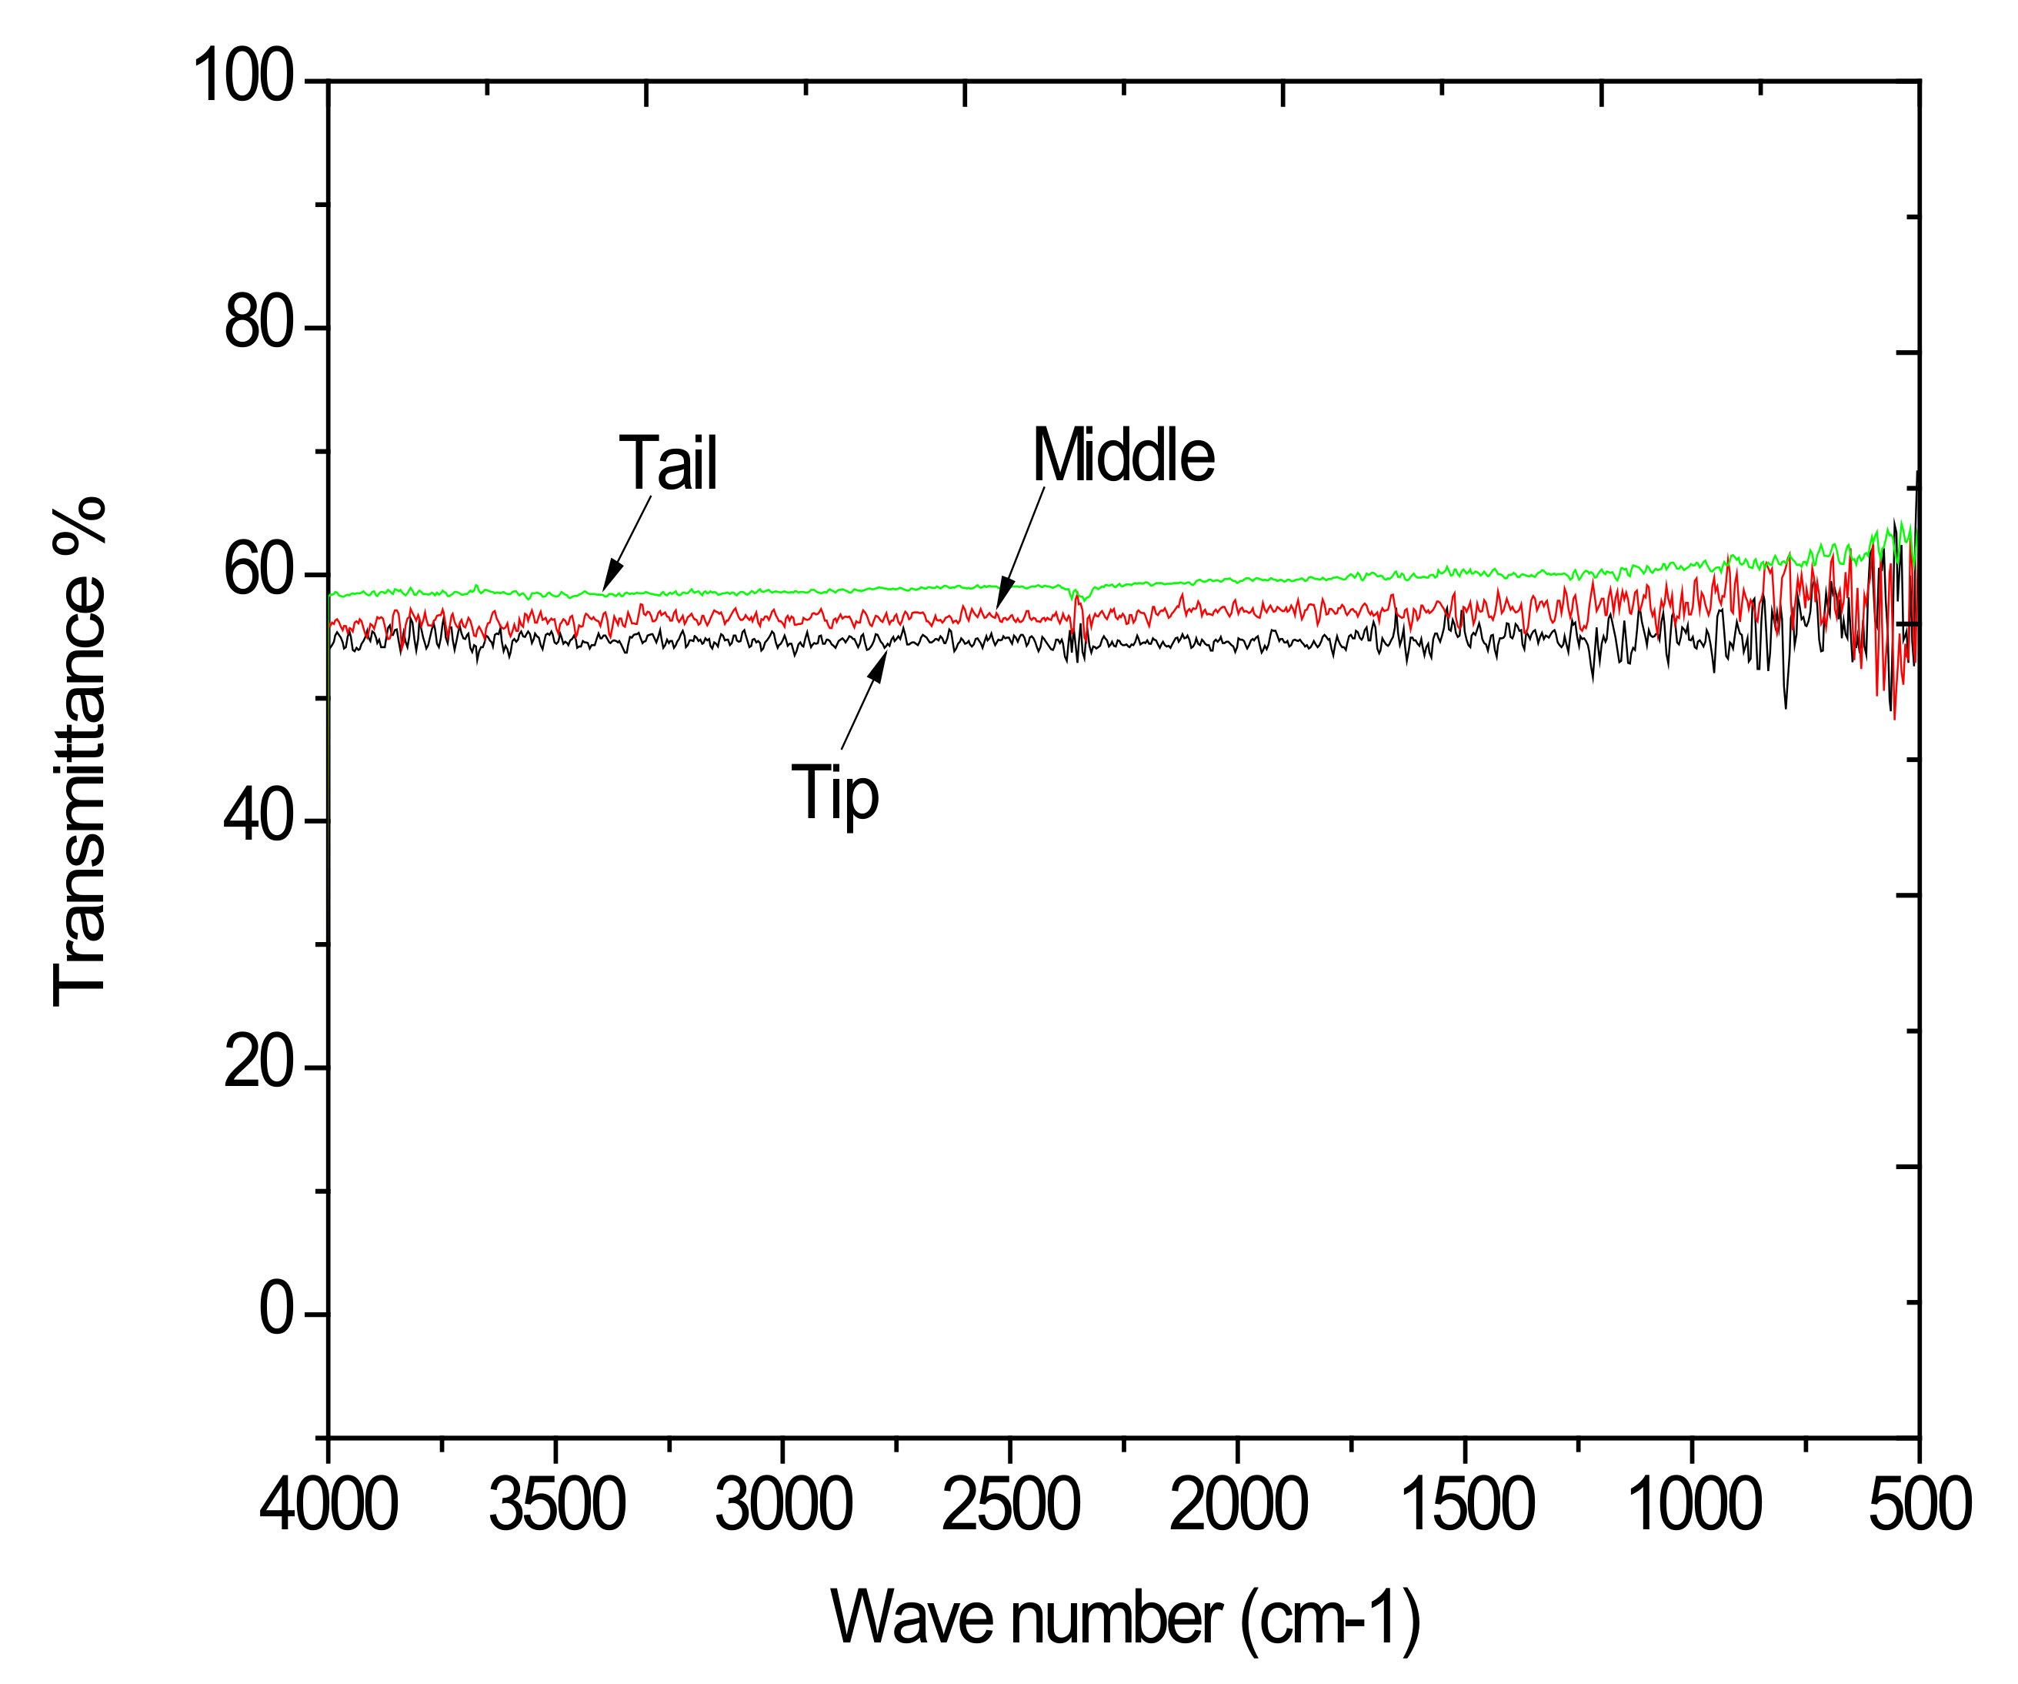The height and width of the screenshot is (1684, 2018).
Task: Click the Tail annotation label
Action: pyautogui.click(x=668, y=463)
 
